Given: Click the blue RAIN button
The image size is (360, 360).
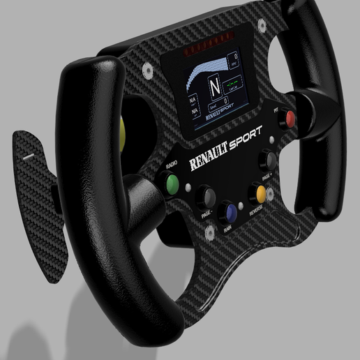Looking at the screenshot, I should coord(227,213).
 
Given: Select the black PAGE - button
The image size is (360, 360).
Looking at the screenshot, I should coord(205,195).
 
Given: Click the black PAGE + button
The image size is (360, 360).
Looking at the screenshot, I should coord(268,160).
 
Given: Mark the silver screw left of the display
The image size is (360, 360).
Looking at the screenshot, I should coord(147,70).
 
